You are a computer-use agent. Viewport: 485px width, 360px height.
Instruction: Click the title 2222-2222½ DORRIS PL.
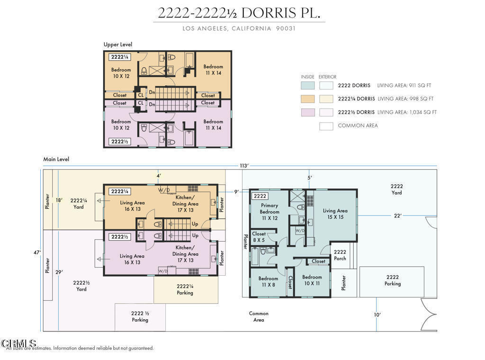tap(239, 13)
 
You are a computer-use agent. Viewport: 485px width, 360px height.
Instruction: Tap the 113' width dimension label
tap(244, 165)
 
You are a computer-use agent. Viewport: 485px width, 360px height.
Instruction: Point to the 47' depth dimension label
tap(37, 252)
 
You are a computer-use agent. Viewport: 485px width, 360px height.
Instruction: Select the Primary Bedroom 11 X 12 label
tap(269, 212)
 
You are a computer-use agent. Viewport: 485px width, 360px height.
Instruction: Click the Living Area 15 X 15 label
tap(335, 214)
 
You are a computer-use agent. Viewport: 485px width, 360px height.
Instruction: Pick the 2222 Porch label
tap(340, 255)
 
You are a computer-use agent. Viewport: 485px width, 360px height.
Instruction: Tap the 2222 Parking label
tap(393, 280)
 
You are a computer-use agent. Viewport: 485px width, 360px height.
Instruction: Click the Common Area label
tap(259, 316)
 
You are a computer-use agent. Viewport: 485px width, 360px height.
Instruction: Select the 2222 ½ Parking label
tap(140, 316)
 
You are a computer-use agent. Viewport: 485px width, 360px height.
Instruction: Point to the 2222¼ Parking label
tap(185, 289)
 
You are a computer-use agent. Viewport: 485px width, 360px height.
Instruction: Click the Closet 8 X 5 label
tap(259, 237)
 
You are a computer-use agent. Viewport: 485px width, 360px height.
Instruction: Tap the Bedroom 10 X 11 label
tap(312, 280)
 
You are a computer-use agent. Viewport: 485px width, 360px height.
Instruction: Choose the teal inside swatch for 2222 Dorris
tap(308, 85)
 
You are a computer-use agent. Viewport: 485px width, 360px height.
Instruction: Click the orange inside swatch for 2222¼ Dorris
tap(308, 99)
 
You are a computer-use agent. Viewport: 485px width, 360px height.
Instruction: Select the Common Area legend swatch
tap(326, 126)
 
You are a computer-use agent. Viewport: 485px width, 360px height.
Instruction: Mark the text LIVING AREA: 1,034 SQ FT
tap(407, 112)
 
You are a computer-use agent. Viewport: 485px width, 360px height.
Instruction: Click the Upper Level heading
tap(118, 45)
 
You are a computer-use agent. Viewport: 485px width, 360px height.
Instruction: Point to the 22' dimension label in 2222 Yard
tap(397, 216)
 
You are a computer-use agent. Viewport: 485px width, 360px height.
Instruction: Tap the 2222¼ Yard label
tap(79, 204)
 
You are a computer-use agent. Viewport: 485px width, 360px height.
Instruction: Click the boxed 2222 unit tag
tap(260, 196)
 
